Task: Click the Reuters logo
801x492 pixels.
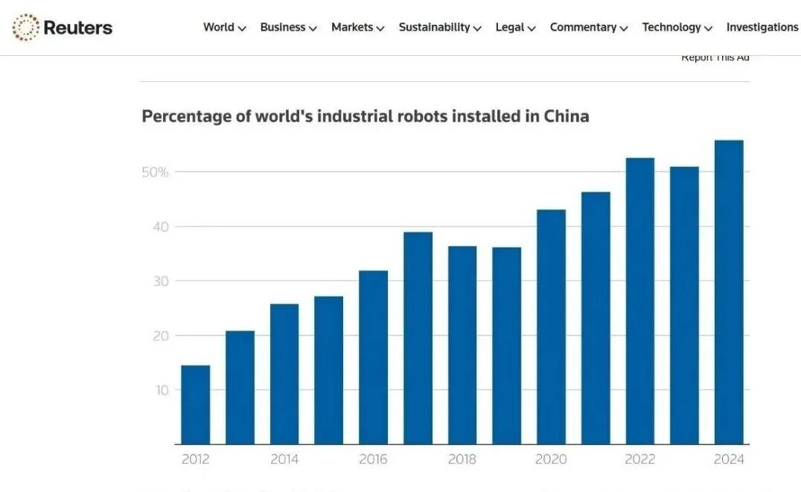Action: click(x=63, y=28)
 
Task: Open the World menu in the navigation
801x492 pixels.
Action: click(x=224, y=28)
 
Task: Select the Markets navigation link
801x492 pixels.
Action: click(x=357, y=28)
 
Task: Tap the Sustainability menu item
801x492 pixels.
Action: click(x=440, y=28)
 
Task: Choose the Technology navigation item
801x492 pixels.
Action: click(x=677, y=28)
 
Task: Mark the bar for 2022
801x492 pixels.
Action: click(x=639, y=301)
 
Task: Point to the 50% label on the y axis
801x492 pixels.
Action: click(x=155, y=172)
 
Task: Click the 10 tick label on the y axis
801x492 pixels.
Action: click(x=162, y=390)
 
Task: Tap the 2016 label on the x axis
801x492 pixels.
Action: click(x=373, y=459)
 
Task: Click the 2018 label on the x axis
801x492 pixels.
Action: click(x=462, y=459)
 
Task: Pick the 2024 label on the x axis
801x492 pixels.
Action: click(x=728, y=459)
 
